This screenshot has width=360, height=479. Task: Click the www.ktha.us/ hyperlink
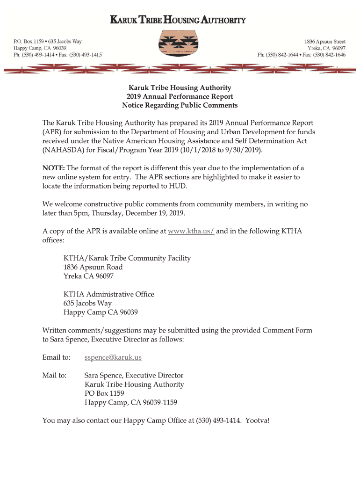coord(191,231)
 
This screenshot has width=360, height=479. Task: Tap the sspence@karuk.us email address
coord(113,357)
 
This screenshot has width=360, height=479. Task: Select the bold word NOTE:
coord(54,168)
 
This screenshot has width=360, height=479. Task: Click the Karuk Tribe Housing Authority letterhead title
coord(178,21)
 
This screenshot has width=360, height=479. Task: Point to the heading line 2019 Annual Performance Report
coord(180,96)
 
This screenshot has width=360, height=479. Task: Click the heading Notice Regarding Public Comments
coord(180,105)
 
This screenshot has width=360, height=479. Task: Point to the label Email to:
coord(56,357)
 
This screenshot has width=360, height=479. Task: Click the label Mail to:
coord(54,375)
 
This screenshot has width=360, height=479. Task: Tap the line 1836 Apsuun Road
coord(93,267)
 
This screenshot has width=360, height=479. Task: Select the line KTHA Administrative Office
coord(108,294)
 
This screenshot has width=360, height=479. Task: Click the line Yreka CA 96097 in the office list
coord(88,276)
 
